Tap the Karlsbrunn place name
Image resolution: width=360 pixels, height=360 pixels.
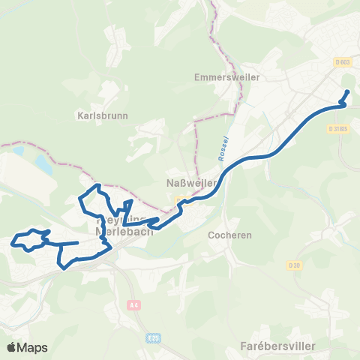(103, 116)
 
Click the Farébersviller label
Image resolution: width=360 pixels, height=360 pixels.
(279, 346)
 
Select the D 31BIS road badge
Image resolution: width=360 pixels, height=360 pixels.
(339, 129)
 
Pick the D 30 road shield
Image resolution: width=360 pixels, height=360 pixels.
(293, 265)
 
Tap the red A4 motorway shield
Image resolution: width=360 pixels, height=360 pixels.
(133, 305)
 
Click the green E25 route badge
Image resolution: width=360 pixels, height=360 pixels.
(154, 338)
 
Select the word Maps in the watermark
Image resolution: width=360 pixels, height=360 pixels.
(33, 347)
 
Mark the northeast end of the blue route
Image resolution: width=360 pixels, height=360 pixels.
(347, 91)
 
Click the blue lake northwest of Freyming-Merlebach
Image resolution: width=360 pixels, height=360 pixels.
(40, 162)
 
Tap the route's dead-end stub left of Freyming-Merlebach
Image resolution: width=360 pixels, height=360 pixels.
(78, 242)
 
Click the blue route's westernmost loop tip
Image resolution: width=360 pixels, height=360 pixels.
(13, 242)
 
